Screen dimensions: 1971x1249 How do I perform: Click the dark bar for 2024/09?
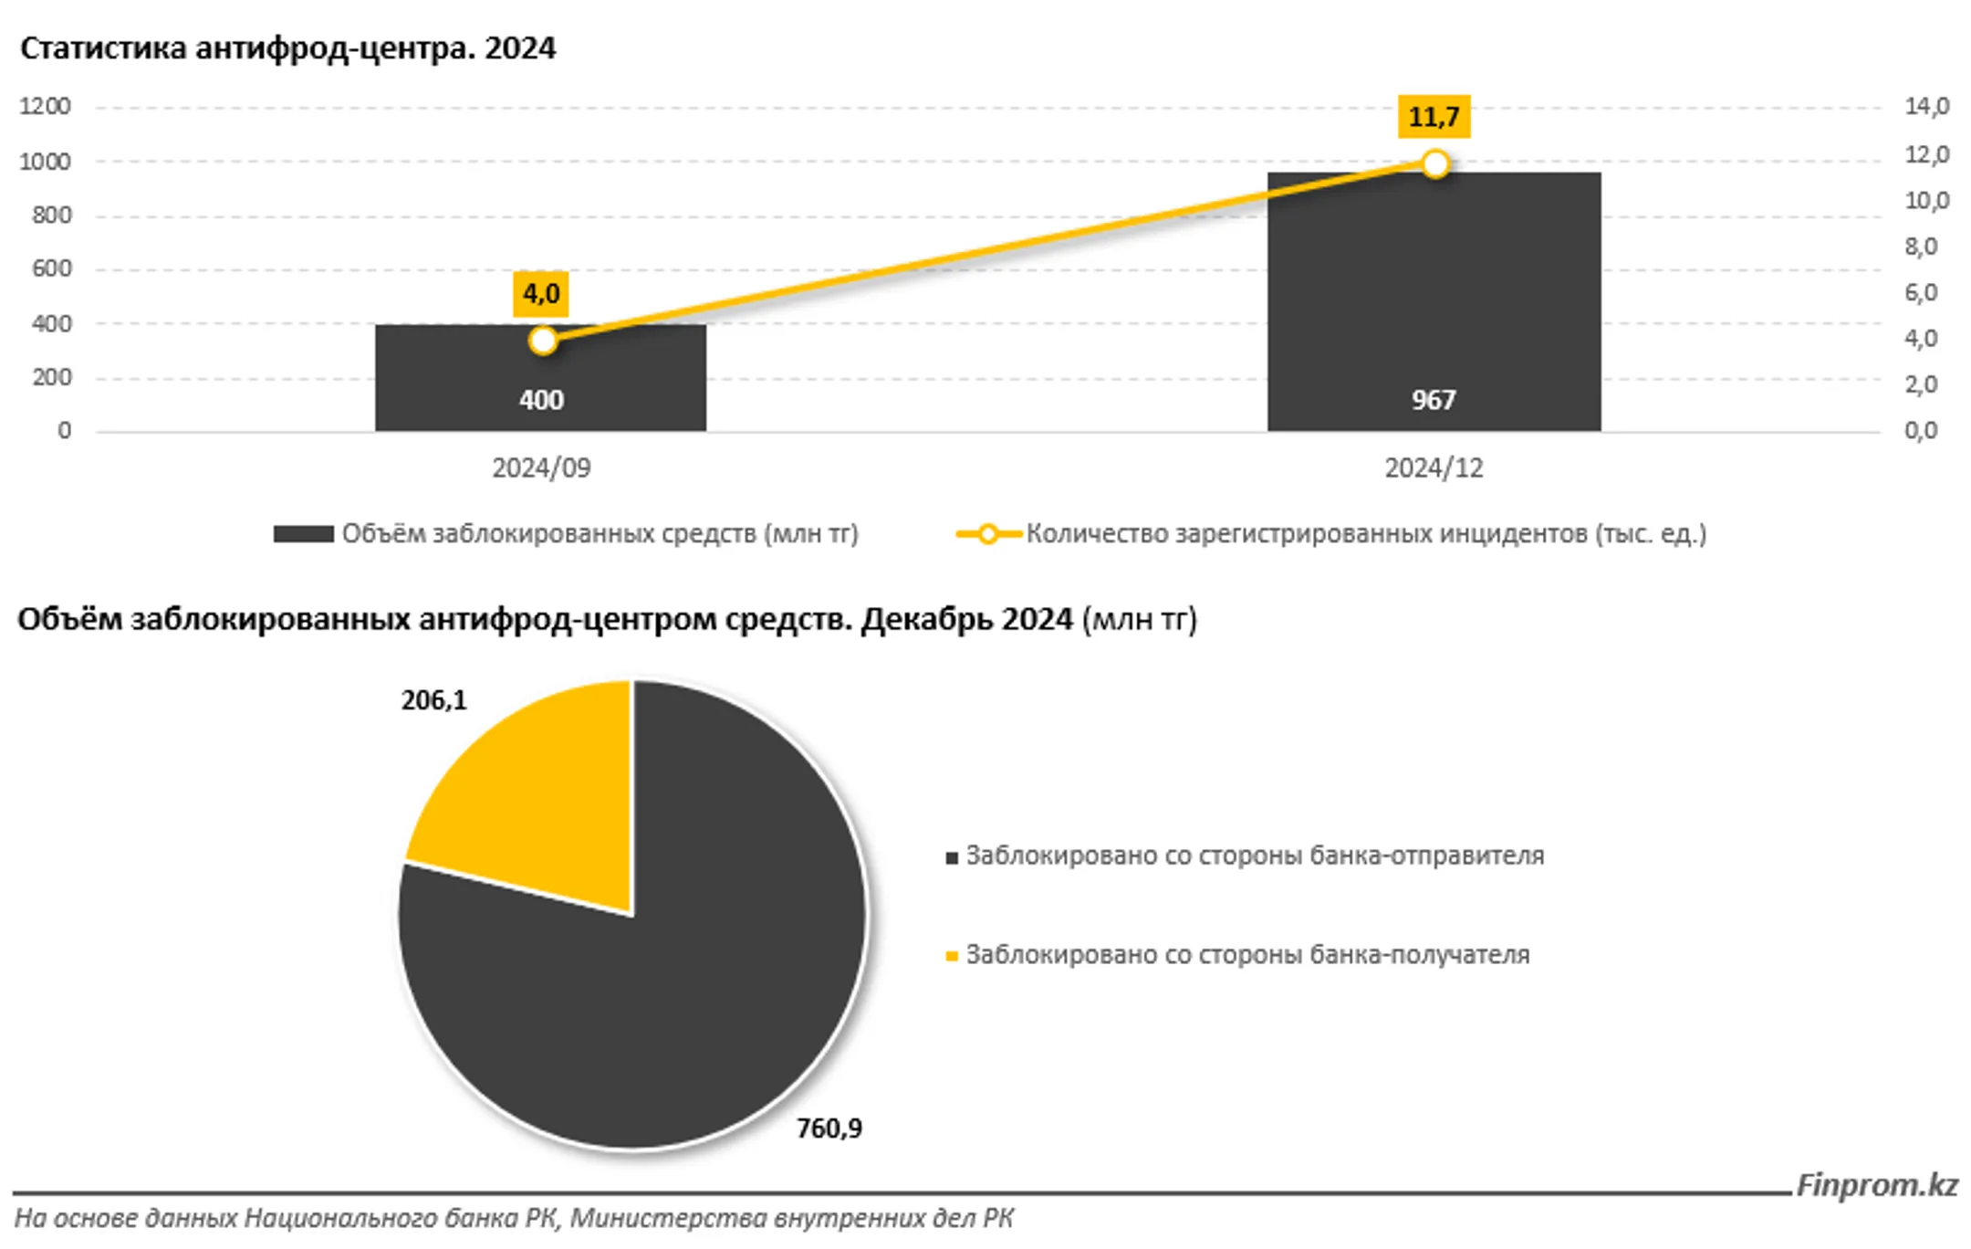point(540,377)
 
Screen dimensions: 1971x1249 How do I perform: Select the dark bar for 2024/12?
point(1434,301)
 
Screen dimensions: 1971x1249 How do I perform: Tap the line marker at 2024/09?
point(543,341)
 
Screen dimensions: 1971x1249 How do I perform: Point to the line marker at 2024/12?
point(1435,164)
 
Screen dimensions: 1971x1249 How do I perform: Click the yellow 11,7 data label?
point(1434,117)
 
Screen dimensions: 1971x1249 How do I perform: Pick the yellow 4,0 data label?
point(541,294)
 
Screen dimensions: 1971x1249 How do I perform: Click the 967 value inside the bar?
point(1434,400)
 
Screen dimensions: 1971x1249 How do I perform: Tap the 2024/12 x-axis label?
point(1434,468)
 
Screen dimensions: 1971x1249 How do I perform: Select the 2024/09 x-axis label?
point(541,468)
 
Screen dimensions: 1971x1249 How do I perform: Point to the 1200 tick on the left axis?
point(45,107)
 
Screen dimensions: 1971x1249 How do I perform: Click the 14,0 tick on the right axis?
point(1926,107)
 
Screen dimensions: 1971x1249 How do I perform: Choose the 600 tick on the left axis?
point(51,268)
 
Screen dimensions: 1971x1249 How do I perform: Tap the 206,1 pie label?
point(433,700)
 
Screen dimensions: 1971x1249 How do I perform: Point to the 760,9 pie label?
point(829,1128)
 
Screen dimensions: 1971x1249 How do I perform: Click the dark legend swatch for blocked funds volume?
point(303,534)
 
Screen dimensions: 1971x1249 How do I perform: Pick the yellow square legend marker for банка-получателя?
point(952,956)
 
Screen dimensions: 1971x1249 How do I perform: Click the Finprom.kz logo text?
point(1877,1185)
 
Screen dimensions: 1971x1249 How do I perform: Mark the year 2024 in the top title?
point(519,48)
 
